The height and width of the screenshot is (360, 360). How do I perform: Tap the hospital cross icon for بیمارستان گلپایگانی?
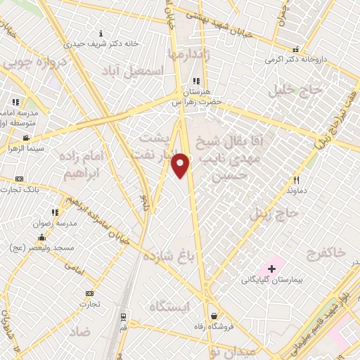click(x=271, y=269)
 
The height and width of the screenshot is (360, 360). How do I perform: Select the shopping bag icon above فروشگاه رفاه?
click(x=214, y=316)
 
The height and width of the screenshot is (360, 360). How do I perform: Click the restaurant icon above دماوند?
click(x=296, y=180)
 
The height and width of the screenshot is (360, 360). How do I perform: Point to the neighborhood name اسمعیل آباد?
click(x=144, y=72)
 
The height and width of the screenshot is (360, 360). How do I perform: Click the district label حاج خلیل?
click(x=296, y=91)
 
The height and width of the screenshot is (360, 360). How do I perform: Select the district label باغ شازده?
click(x=168, y=255)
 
